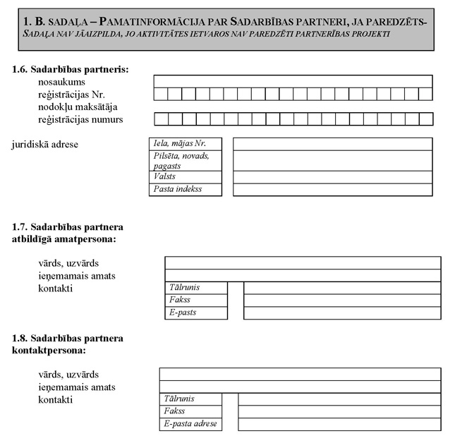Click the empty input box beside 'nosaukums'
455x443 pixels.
(x=293, y=81)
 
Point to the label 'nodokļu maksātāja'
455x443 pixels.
(x=79, y=107)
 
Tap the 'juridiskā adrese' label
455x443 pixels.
(x=45, y=145)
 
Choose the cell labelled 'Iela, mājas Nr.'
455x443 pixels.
(x=186, y=144)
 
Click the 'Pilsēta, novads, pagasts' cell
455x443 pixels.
(x=186, y=160)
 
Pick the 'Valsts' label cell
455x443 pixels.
(x=186, y=176)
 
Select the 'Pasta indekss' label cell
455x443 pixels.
(x=186, y=189)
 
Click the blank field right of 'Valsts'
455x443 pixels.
(x=332, y=176)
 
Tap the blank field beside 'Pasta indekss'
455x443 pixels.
(x=332, y=189)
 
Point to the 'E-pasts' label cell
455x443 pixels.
(x=196, y=312)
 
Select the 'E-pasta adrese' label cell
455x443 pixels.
(x=190, y=424)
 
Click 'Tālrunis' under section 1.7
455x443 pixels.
(x=196, y=287)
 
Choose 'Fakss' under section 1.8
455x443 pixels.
(x=190, y=411)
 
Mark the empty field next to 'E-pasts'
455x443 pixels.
(x=342, y=312)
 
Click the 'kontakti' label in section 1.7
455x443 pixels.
(x=56, y=288)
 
